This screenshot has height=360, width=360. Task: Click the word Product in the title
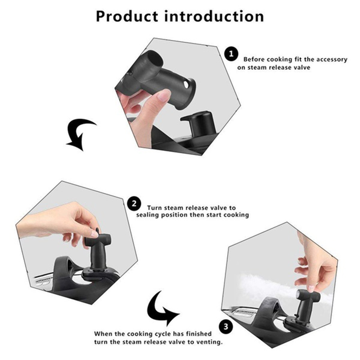tap(127, 17)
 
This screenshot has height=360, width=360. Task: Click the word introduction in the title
tap(214, 17)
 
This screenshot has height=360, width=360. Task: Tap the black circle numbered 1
tap(231, 54)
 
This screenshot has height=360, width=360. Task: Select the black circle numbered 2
tap(134, 204)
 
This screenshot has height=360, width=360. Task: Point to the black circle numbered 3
tap(226, 327)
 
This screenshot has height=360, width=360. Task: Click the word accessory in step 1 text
tap(332, 60)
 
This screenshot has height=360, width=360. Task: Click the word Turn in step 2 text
tap(155, 208)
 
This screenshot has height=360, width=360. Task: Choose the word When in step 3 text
tap(103, 333)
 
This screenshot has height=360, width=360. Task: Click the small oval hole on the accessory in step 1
tap(186, 85)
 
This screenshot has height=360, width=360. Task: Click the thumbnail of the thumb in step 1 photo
tap(165, 95)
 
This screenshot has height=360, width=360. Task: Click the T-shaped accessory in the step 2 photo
tap(98, 248)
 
